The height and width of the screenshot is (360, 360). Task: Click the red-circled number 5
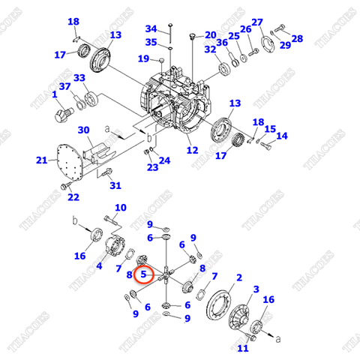143,275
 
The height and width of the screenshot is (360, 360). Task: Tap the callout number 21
41,160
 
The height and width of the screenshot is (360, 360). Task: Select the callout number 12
193,151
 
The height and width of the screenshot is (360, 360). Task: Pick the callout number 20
209,34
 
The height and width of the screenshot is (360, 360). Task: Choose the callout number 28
297,38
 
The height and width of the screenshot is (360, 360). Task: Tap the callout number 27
256,22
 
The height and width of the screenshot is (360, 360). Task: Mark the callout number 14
281,136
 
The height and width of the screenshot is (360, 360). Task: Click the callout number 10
120,208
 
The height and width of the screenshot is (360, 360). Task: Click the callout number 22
73,197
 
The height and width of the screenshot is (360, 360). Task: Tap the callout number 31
115,185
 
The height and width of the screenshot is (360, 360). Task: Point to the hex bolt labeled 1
60,113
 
